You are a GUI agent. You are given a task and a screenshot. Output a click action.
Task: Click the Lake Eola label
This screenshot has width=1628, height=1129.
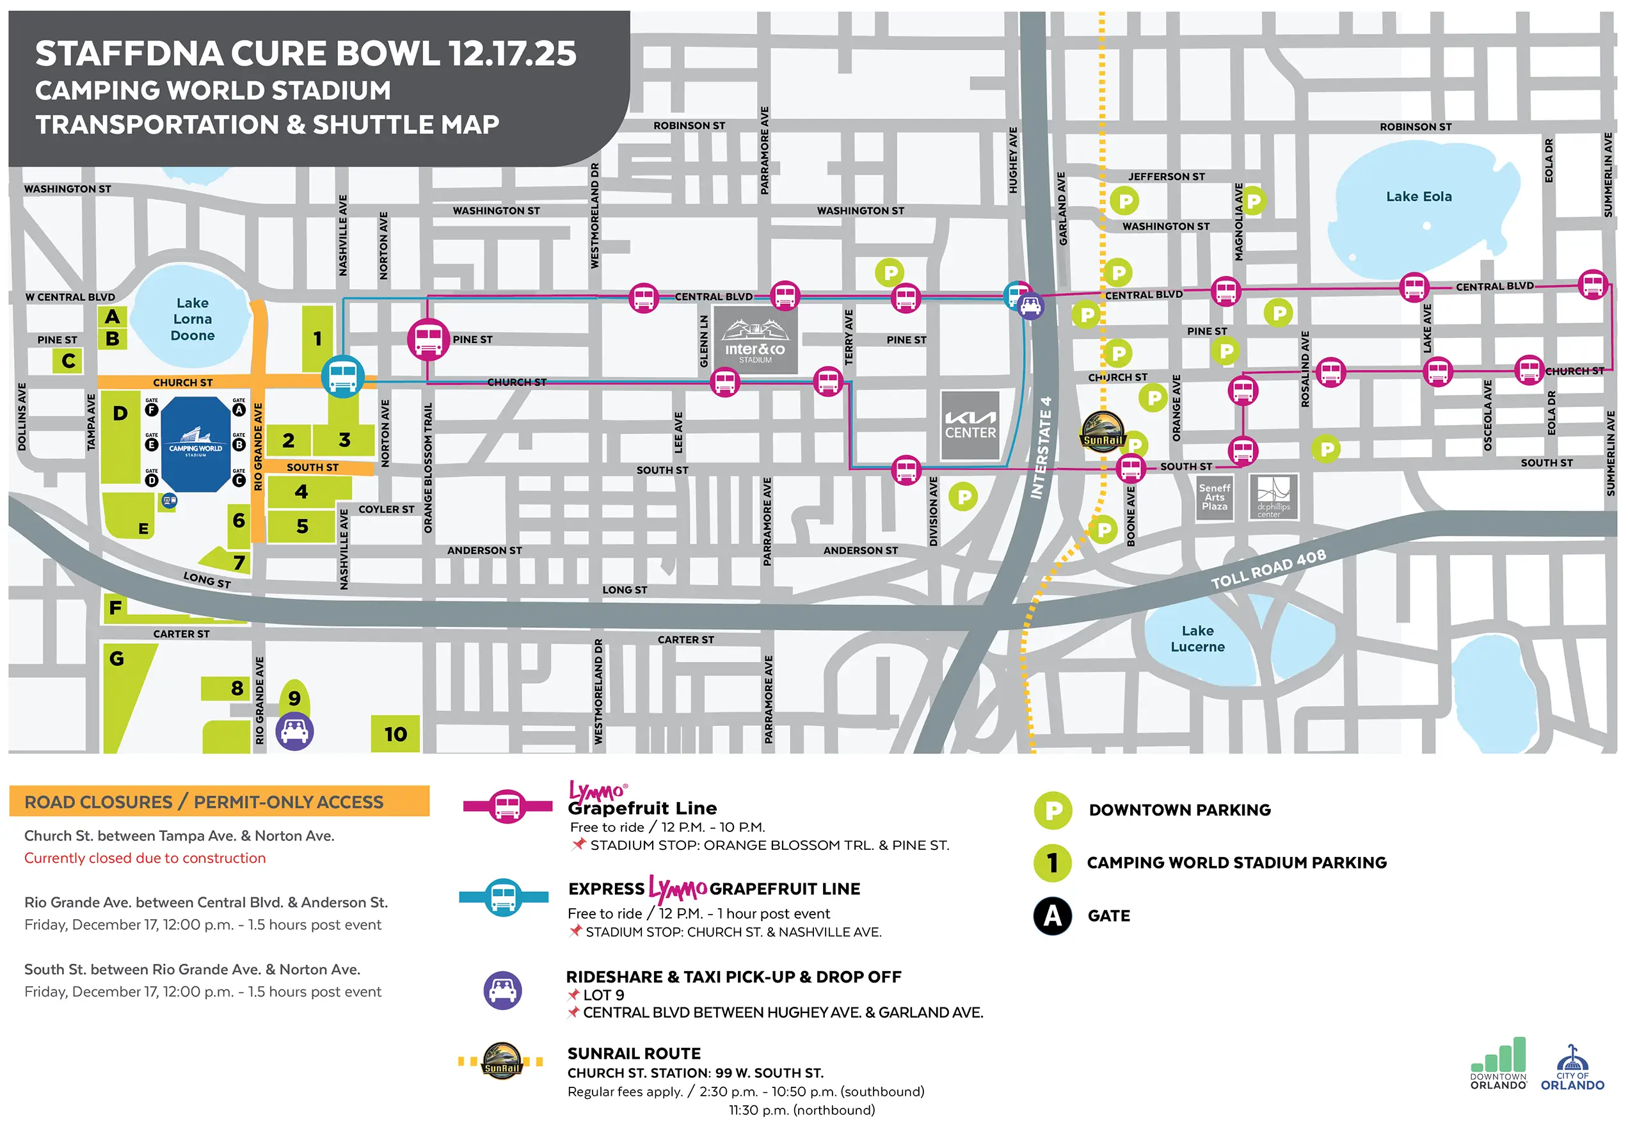[1418, 196]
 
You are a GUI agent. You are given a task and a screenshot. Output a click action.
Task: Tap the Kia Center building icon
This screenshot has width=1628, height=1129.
[970, 426]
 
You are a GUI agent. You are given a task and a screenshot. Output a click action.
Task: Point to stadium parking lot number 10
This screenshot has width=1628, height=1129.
[395, 733]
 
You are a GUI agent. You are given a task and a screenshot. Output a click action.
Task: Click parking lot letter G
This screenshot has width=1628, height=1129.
[116, 659]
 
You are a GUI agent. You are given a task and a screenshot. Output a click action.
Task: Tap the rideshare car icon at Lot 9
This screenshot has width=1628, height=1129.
[294, 731]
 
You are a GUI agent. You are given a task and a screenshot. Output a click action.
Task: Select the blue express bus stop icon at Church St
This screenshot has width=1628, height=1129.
[343, 376]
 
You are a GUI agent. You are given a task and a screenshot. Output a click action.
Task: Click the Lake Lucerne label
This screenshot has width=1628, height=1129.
[1197, 638]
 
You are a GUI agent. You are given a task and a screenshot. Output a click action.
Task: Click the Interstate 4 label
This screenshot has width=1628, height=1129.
[1041, 447]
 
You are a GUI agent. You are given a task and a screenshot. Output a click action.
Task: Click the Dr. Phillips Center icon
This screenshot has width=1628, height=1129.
[1273, 497]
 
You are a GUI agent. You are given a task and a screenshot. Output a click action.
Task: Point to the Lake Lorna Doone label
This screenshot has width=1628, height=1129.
[193, 319]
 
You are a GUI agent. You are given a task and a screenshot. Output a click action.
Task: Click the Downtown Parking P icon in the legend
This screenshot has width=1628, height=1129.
[1052, 810]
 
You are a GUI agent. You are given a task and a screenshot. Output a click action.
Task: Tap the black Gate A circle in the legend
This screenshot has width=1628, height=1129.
[1052, 916]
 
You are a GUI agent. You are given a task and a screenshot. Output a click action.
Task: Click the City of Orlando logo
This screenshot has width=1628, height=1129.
[1572, 1069]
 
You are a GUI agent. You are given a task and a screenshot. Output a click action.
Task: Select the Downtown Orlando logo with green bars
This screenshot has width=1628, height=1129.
[1498, 1064]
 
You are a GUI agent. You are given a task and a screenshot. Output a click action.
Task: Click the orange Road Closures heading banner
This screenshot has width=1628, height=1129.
[219, 801]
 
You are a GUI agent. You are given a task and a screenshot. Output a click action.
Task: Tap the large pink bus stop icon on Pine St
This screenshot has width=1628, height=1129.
[428, 340]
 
